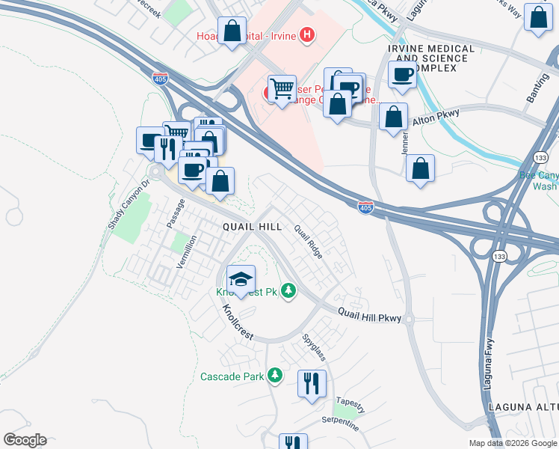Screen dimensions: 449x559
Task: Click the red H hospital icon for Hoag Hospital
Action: (x=306, y=34)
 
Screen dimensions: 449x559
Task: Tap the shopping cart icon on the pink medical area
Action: (x=282, y=90)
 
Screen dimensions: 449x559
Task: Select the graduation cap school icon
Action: (x=241, y=281)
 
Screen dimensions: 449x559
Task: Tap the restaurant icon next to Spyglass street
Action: (x=312, y=384)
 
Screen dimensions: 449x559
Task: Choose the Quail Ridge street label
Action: (x=308, y=242)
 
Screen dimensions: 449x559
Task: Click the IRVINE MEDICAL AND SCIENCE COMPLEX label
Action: (x=431, y=58)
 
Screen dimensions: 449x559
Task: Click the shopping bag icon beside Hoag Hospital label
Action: (x=232, y=31)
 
